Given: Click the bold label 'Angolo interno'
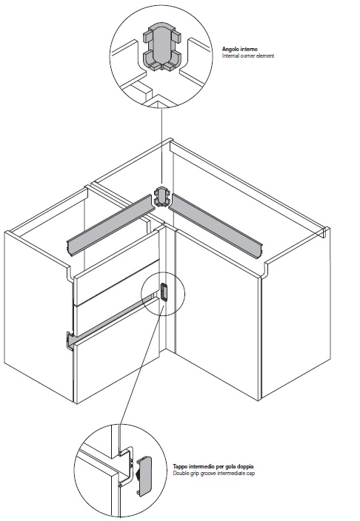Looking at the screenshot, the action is click(239, 50).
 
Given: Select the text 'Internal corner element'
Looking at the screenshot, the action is click(248, 56).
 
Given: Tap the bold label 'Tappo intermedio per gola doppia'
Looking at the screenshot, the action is click(213, 466).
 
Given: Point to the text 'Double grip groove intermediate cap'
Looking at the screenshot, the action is click(213, 473).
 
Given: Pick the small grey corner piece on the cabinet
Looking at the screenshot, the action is click(161, 197).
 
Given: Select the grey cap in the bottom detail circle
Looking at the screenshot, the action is click(145, 477).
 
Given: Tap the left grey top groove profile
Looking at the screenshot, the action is click(110, 226).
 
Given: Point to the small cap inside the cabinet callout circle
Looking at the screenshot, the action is click(164, 292).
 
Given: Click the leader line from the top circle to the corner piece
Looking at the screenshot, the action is click(161, 146).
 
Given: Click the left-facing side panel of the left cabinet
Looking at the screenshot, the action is click(39, 317).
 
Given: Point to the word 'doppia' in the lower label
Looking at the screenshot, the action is click(245, 466).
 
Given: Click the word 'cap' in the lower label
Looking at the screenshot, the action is click(251, 473).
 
